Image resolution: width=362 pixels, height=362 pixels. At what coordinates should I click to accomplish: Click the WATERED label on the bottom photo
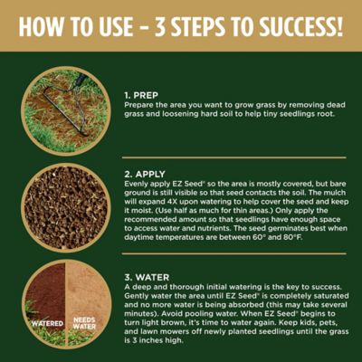click(44, 321)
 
